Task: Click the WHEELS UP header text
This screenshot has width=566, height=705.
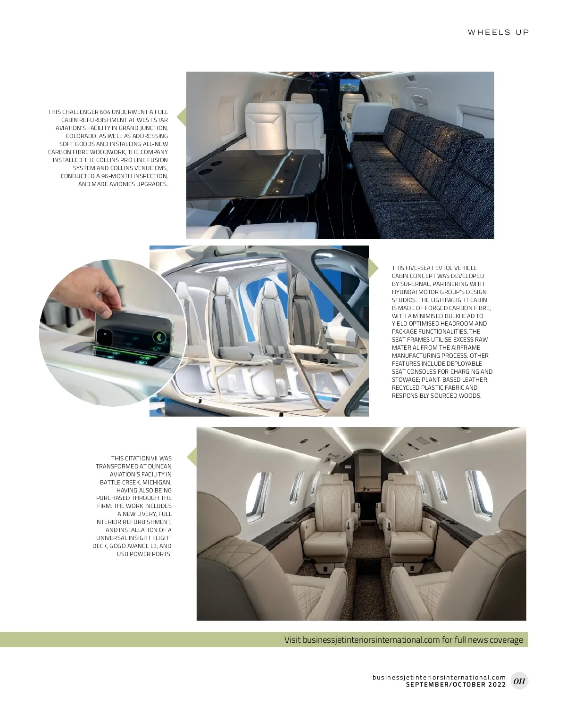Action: click(x=498, y=33)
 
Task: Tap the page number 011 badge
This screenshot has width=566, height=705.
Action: click(x=519, y=681)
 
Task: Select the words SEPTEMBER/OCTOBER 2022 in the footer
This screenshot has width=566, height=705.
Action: click(x=456, y=684)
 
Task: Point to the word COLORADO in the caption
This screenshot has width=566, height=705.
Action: click(x=81, y=136)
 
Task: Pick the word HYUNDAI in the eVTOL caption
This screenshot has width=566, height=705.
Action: click(x=404, y=292)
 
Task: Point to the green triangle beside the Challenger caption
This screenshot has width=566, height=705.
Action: click(x=181, y=117)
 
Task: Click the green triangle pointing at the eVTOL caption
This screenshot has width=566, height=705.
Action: click(x=374, y=268)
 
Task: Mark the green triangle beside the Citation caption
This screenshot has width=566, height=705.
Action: click(x=192, y=457)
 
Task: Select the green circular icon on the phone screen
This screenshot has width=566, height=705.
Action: click(x=159, y=337)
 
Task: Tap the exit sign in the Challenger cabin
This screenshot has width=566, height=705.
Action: click(x=411, y=79)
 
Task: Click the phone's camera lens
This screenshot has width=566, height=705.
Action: click(x=105, y=335)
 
